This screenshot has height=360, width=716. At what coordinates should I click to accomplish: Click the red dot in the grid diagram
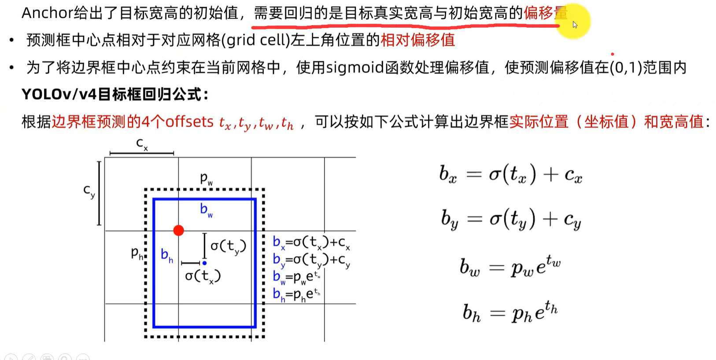(x=178, y=231)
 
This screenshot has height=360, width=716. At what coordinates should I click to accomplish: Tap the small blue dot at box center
(x=204, y=263)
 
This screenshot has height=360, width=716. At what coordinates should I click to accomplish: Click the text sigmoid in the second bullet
(x=355, y=67)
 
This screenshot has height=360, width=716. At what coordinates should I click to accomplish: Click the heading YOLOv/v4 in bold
(x=59, y=94)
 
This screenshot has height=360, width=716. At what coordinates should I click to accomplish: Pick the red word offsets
(x=189, y=121)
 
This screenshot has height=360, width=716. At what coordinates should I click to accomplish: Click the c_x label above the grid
(x=142, y=143)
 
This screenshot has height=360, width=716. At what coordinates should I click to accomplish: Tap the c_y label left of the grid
(x=89, y=191)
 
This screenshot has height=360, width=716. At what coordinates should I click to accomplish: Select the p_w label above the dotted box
(x=206, y=179)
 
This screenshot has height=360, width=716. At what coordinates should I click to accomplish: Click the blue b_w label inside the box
(x=206, y=210)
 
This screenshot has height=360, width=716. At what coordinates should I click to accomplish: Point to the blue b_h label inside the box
(x=166, y=255)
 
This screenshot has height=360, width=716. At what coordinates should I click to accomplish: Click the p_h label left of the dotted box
(x=137, y=253)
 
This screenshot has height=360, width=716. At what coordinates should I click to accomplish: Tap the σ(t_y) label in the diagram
(x=228, y=246)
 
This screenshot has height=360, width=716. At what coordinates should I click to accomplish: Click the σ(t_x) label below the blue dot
(x=203, y=276)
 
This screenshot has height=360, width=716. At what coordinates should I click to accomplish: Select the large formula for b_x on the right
(x=511, y=175)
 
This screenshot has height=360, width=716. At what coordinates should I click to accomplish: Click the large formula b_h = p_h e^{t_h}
(x=510, y=312)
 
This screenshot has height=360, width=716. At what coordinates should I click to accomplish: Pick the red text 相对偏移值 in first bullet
(x=417, y=40)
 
